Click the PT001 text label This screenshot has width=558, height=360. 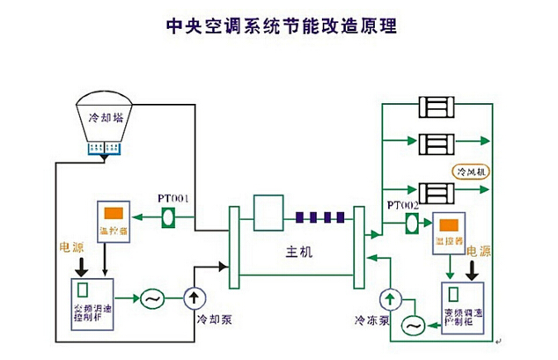pos(173,198)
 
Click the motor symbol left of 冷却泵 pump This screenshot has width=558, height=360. pos(151,299)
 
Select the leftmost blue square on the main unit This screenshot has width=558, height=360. pos(301,214)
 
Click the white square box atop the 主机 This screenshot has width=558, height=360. pos(266,211)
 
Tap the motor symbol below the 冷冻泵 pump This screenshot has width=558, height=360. pos(412,325)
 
